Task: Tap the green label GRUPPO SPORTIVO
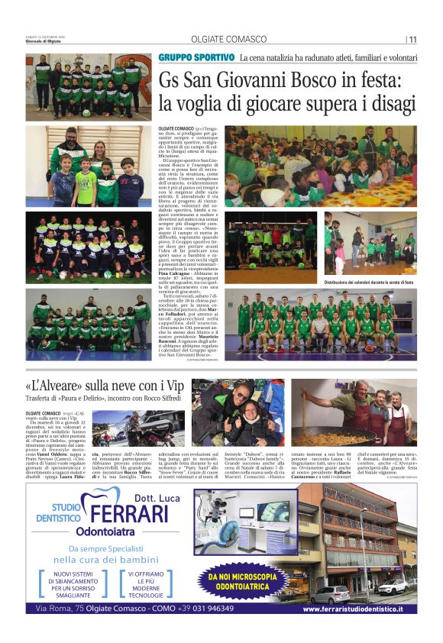[x=197, y=57]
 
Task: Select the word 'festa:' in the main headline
[x=380, y=79]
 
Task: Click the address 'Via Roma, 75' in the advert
[x=65, y=609]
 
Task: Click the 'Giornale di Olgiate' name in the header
[x=43, y=42]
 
